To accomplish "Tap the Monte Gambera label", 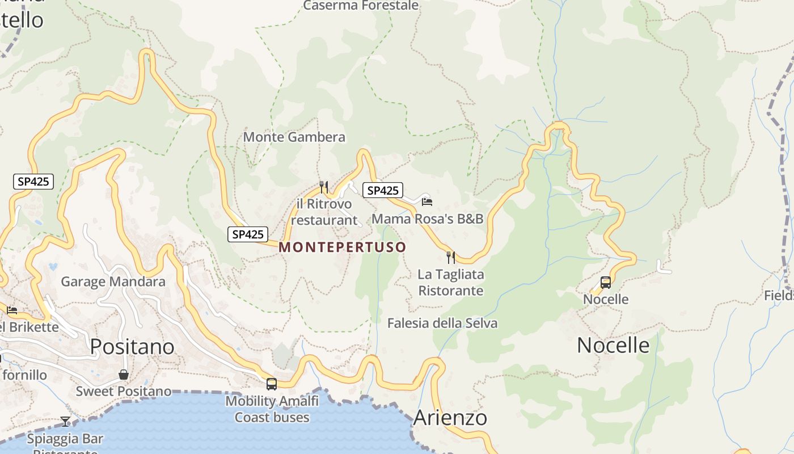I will (x=294, y=137).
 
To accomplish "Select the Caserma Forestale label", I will (x=361, y=6).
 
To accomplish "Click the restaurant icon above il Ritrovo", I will (x=324, y=186).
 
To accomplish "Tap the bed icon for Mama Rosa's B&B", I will (x=427, y=201).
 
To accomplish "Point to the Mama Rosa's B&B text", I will (x=427, y=218).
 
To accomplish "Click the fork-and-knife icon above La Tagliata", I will (x=451, y=258).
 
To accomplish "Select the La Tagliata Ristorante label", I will (x=451, y=283).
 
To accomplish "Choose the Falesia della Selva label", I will (x=442, y=323).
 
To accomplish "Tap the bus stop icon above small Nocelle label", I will (x=606, y=283).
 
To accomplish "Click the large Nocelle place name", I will (x=613, y=345).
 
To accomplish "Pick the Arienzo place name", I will (x=450, y=418).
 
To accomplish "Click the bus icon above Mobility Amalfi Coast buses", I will (x=272, y=384).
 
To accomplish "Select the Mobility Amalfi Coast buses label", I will (x=272, y=409).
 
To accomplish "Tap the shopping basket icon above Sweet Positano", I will (x=124, y=375).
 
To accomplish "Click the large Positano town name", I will (x=132, y=346).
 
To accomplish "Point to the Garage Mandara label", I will (x=113, y=281).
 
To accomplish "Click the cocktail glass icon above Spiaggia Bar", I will (x=66, y=421).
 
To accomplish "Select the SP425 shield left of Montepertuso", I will (x=248, y=234).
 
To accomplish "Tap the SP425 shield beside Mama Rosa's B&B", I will (x=383, y=190).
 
